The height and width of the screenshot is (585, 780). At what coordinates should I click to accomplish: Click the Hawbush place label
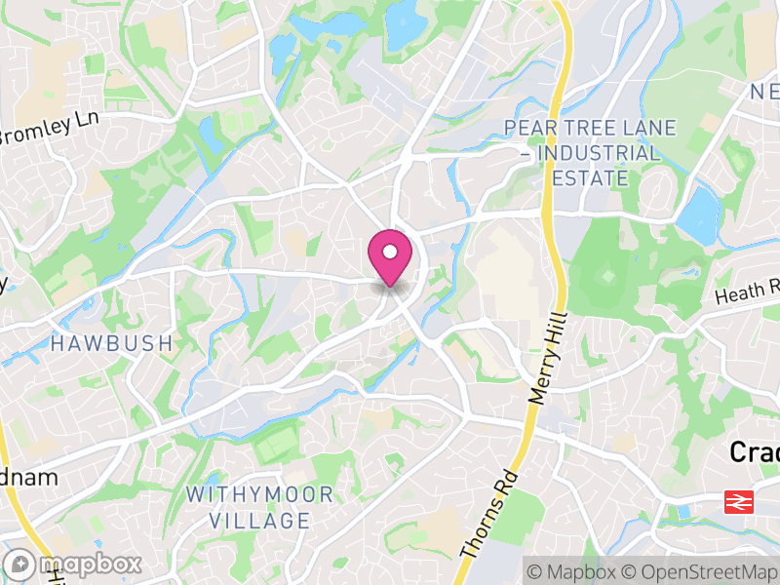111,343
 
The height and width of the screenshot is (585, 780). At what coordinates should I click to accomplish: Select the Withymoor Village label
259,507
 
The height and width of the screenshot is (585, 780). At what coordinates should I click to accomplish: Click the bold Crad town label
755,451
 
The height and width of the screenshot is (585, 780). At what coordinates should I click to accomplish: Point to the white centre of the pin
390,252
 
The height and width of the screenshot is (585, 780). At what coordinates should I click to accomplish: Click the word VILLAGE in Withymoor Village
259,521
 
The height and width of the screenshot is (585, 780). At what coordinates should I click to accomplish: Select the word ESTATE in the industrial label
590,178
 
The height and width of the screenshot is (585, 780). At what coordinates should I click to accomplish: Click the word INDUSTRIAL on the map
597,153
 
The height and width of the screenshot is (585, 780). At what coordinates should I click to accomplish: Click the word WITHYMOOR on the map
259,494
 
